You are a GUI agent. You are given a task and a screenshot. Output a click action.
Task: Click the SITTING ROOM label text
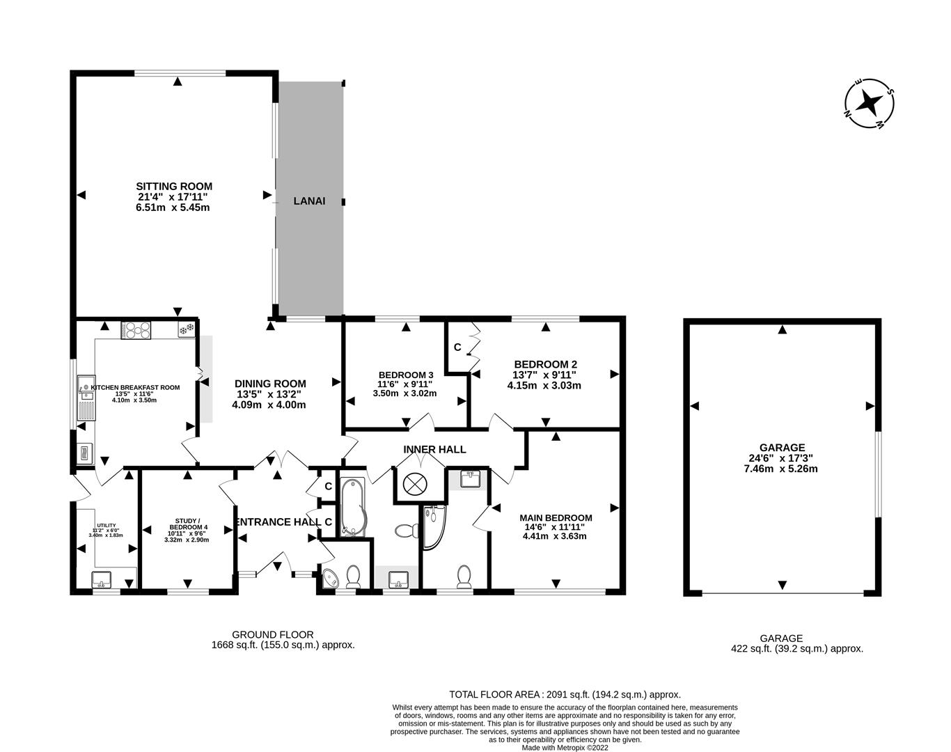pos(173,187)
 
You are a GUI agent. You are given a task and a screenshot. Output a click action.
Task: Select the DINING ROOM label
pos(270,384)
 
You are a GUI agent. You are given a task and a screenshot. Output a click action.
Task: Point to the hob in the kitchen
pos(136,329)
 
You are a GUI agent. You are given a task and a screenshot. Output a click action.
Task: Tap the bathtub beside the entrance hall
pos(353,507)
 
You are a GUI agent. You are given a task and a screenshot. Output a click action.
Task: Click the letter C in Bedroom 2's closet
pos(457,347)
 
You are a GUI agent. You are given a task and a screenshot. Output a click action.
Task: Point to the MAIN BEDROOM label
pos(556,517)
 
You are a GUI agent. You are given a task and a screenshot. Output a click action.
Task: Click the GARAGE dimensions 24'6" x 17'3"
pos(783,458)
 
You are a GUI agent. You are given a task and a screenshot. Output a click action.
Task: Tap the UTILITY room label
pos(107,526)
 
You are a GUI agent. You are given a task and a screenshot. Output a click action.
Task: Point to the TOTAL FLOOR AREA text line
pos(565,694)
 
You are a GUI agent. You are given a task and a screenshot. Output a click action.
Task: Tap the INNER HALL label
pos(434,450)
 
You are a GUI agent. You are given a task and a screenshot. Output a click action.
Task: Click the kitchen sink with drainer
pos(86,398)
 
